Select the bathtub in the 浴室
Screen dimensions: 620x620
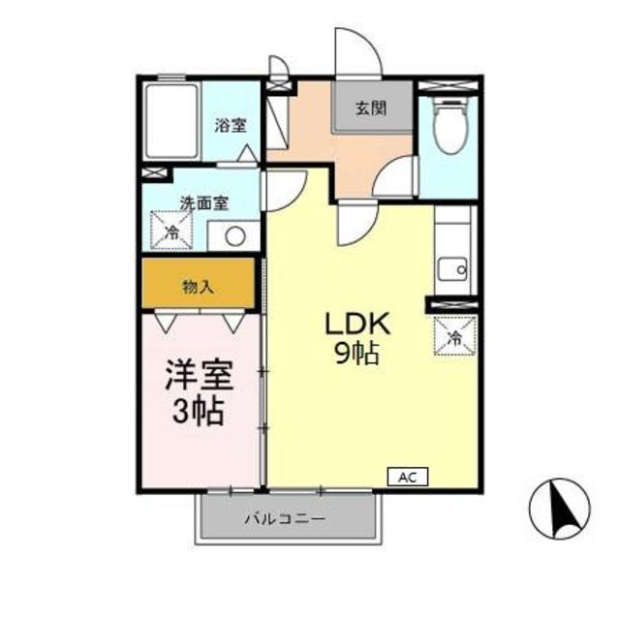pos(171,123)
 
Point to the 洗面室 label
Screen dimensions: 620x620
pos(203,203)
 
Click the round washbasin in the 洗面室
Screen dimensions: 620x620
pos(233,234)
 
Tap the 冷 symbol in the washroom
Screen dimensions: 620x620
pos(171,232)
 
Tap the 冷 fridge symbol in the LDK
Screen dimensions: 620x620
pos(453,337)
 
